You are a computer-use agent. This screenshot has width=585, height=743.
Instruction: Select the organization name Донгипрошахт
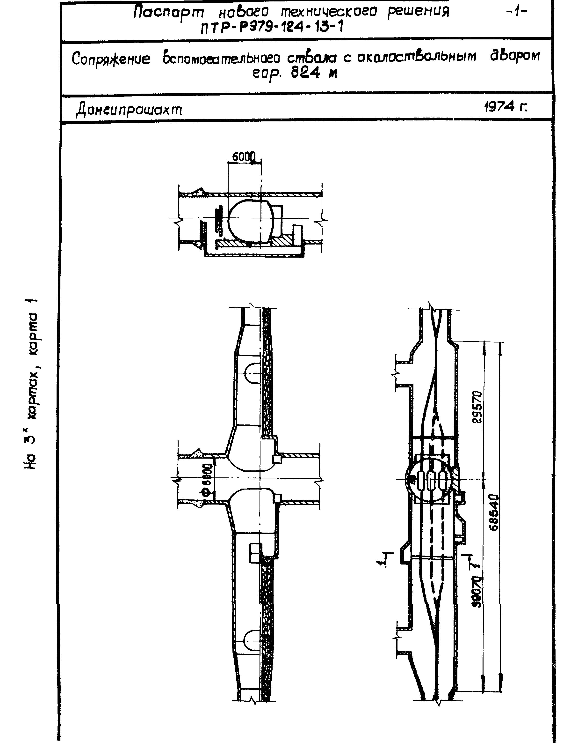coord(129,110)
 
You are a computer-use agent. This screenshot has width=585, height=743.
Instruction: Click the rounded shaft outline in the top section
coord(251,222)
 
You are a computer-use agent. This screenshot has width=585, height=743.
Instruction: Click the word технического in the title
coord(329,13)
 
